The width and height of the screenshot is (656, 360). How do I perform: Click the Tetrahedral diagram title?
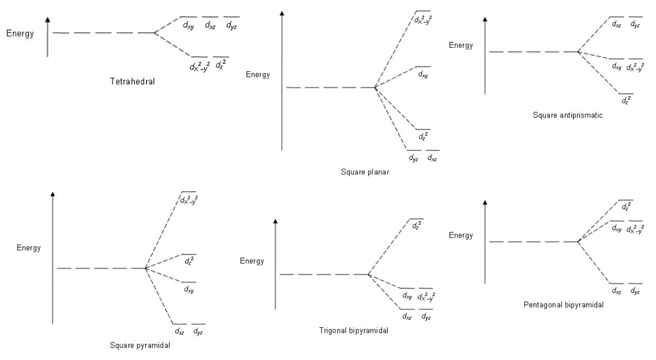133,81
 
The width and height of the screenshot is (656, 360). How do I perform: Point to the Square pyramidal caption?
140,345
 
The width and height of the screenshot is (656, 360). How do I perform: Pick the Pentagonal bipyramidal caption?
564,305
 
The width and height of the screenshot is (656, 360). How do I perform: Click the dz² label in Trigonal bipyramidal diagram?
416,226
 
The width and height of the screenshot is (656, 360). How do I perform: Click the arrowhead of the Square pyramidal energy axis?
52,193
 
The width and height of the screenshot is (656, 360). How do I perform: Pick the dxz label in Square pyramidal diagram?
179,332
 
